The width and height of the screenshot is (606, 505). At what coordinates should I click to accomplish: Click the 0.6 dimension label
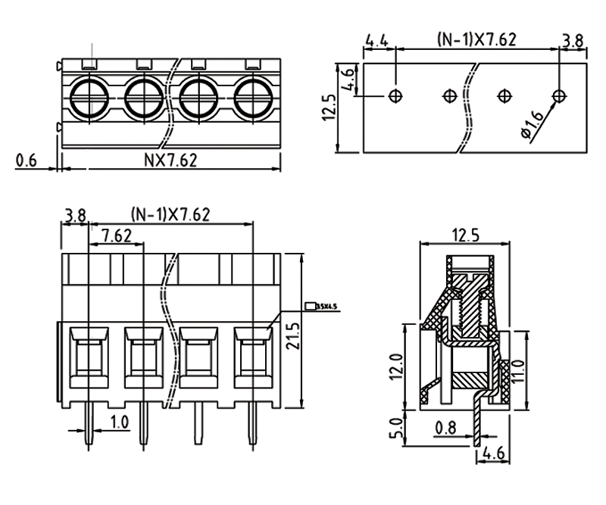(x=26, y=161)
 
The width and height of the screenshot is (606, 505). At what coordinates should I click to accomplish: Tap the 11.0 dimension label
(x=518, y=373)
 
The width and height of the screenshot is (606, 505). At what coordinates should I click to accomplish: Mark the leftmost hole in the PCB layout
(x=395, y=96)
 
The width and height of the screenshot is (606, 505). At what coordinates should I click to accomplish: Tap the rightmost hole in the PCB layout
(x=559, y=96)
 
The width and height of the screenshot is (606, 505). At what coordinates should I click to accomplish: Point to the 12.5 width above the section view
(x=464, y=235)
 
